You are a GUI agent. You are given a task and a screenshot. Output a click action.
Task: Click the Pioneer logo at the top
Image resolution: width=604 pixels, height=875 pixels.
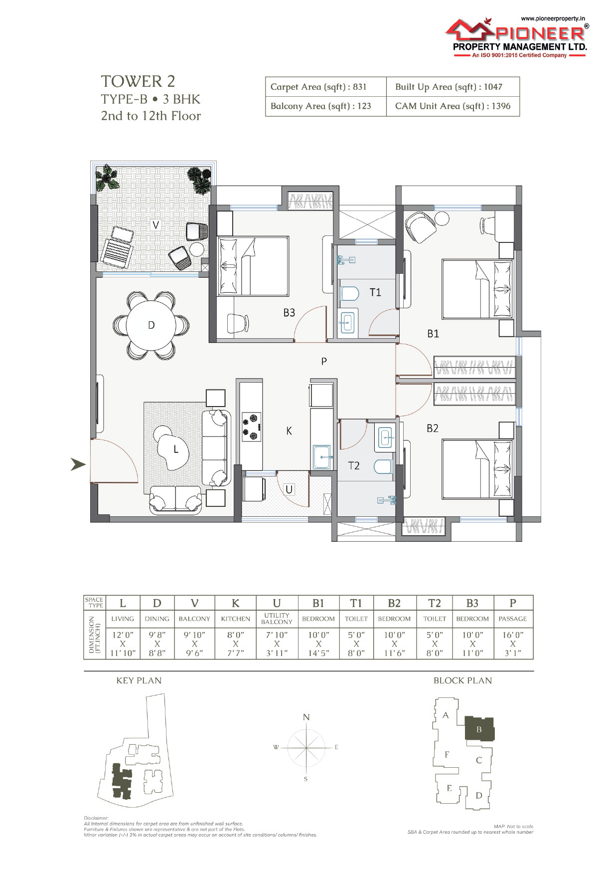click(516, 37)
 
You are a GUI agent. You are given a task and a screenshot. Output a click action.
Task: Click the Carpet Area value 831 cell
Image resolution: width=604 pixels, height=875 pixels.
click(326, 87)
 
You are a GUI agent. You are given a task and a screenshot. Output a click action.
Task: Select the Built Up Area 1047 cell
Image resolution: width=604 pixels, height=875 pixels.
click(453, 87)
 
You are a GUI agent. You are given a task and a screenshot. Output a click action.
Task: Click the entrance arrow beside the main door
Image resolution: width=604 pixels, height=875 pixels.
click(78, 464)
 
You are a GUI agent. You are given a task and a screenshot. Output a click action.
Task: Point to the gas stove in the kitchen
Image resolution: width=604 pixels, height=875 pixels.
click(251, 427)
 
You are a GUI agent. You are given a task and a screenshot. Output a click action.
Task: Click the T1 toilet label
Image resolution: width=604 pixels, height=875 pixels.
click(375, 292)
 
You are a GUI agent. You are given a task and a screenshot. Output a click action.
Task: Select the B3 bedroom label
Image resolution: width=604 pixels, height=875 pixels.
click(289, 313)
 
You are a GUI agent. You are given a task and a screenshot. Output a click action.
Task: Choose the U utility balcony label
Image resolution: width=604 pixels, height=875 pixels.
click(289, 489)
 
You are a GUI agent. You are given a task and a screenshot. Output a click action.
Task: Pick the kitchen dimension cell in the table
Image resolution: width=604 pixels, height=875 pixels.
click(236, 644)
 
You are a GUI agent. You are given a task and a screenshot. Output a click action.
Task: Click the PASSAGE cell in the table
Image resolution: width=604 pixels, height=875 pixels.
click(513, 619)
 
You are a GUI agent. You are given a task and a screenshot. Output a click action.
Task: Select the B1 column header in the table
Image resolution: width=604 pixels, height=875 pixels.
click(318, 603)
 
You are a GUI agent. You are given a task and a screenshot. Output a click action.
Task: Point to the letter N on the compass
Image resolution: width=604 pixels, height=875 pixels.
click(306, 717)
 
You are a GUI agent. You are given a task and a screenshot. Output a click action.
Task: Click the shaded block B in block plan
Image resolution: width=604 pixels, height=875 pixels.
click(479, 729)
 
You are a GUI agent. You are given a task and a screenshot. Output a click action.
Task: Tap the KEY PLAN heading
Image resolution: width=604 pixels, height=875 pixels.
click(139, 680)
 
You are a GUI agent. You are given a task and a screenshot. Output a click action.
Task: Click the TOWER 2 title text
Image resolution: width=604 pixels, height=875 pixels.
click(138, 81)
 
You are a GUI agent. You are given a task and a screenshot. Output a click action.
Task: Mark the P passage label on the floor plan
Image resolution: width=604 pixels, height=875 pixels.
click(324, 361)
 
